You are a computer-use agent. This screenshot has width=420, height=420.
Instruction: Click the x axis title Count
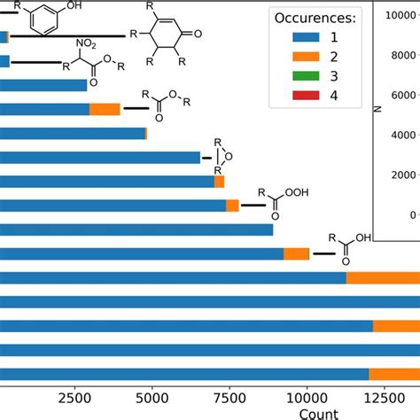point(317,412)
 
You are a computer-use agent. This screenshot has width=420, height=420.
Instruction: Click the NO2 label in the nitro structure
point(83,42)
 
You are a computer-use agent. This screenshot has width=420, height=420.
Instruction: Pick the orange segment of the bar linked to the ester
point(105,109)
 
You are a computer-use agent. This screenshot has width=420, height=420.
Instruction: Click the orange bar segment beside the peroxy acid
point(232,206)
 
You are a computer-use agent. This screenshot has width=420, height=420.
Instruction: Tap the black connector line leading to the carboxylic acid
point(322,253)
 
